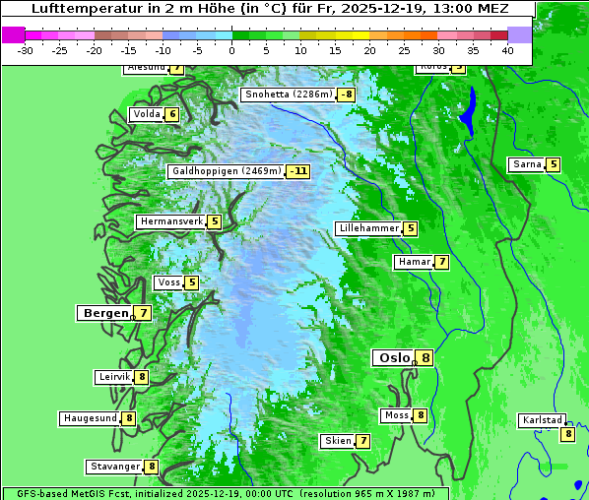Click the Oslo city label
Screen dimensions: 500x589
393,358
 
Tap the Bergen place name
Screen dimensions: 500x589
104,313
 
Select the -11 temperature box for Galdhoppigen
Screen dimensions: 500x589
298,171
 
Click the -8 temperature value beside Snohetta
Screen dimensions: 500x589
346,95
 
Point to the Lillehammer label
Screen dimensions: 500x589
368,228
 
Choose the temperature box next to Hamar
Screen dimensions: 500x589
442,262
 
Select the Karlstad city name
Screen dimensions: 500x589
543,420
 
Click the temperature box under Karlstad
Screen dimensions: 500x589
567,434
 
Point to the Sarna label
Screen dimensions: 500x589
526,164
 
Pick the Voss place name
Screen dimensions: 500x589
168,282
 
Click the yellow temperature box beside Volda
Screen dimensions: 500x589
172,114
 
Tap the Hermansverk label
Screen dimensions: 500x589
170,221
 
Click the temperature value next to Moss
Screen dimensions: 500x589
421,415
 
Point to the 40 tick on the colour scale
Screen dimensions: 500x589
507,50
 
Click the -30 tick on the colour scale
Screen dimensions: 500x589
26,50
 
